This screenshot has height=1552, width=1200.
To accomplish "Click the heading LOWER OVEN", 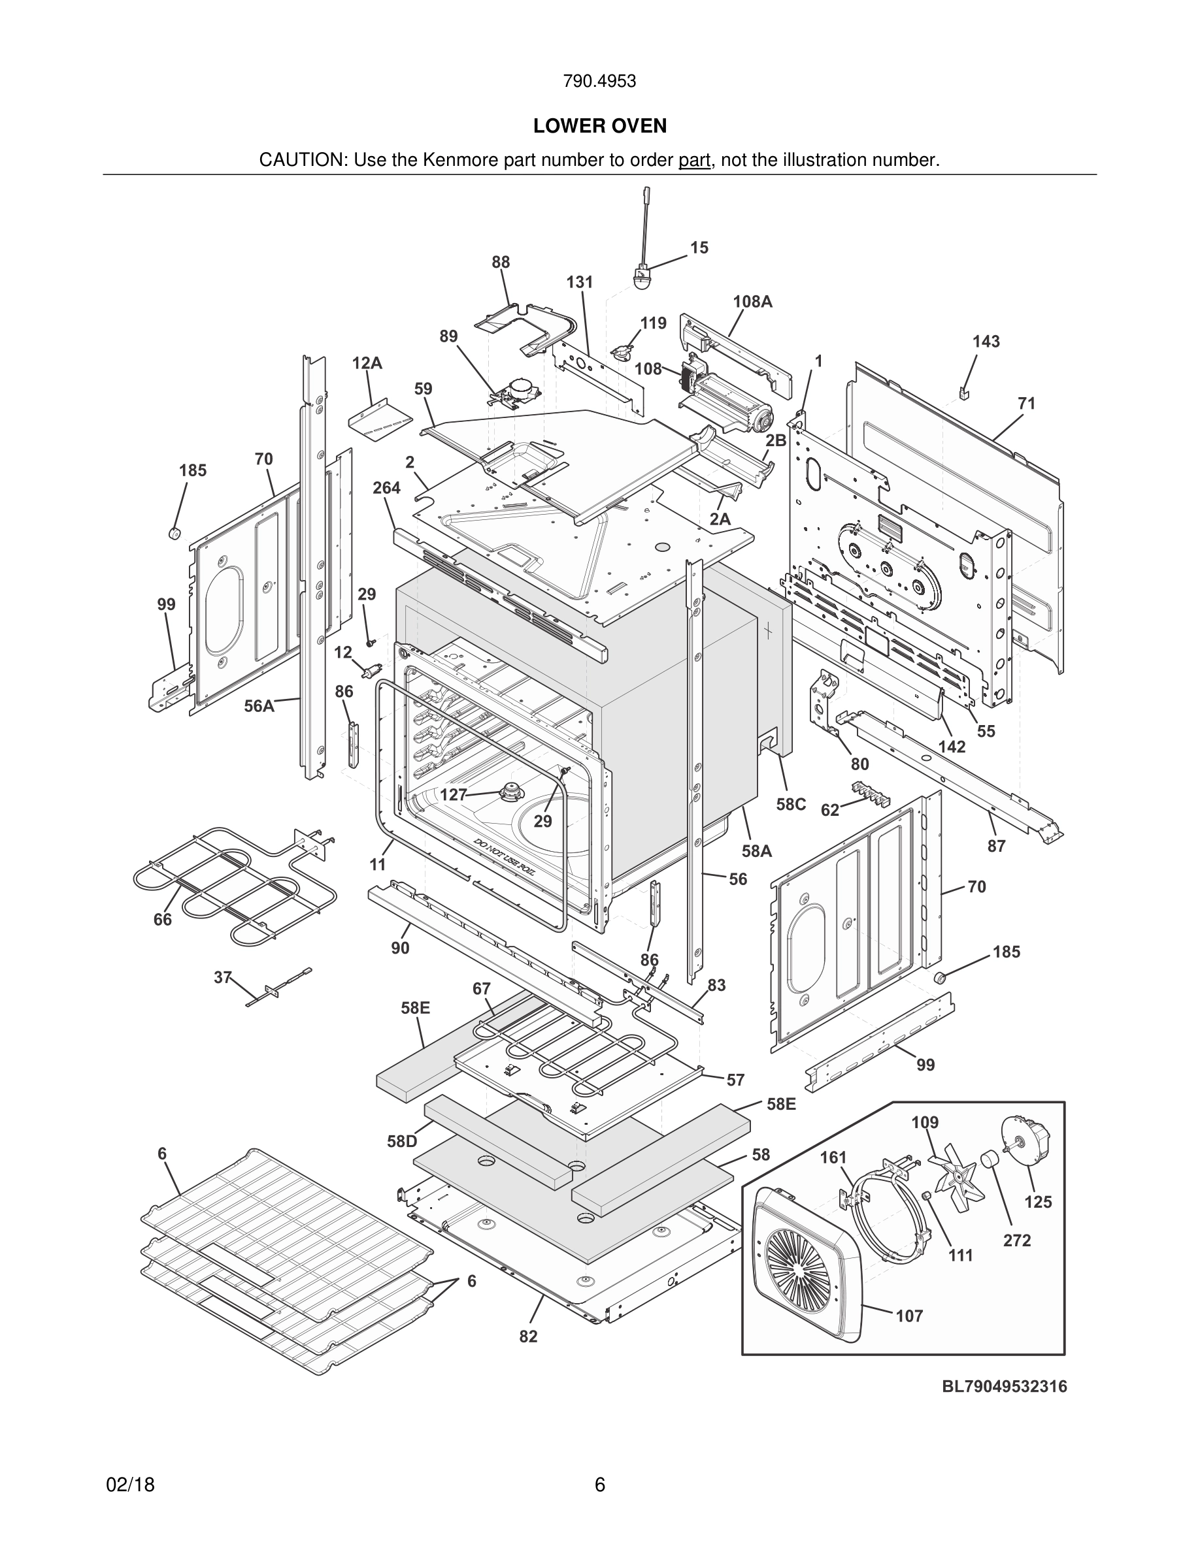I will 599,126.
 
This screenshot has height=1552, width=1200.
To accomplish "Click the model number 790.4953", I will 599,82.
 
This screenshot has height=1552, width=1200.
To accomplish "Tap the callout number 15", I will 699,248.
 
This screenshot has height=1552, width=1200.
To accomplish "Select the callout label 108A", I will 752,302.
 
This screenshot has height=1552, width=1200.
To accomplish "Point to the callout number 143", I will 986,342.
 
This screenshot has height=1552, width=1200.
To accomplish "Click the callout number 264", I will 387,488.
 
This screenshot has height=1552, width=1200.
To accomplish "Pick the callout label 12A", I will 367,364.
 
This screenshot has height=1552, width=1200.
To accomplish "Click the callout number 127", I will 454,794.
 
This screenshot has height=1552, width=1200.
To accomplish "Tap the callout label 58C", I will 790,803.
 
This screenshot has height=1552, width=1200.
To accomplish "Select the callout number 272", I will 1016,1240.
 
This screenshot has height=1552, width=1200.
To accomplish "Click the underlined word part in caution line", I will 694,161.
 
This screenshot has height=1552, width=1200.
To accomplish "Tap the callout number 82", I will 527,1336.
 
